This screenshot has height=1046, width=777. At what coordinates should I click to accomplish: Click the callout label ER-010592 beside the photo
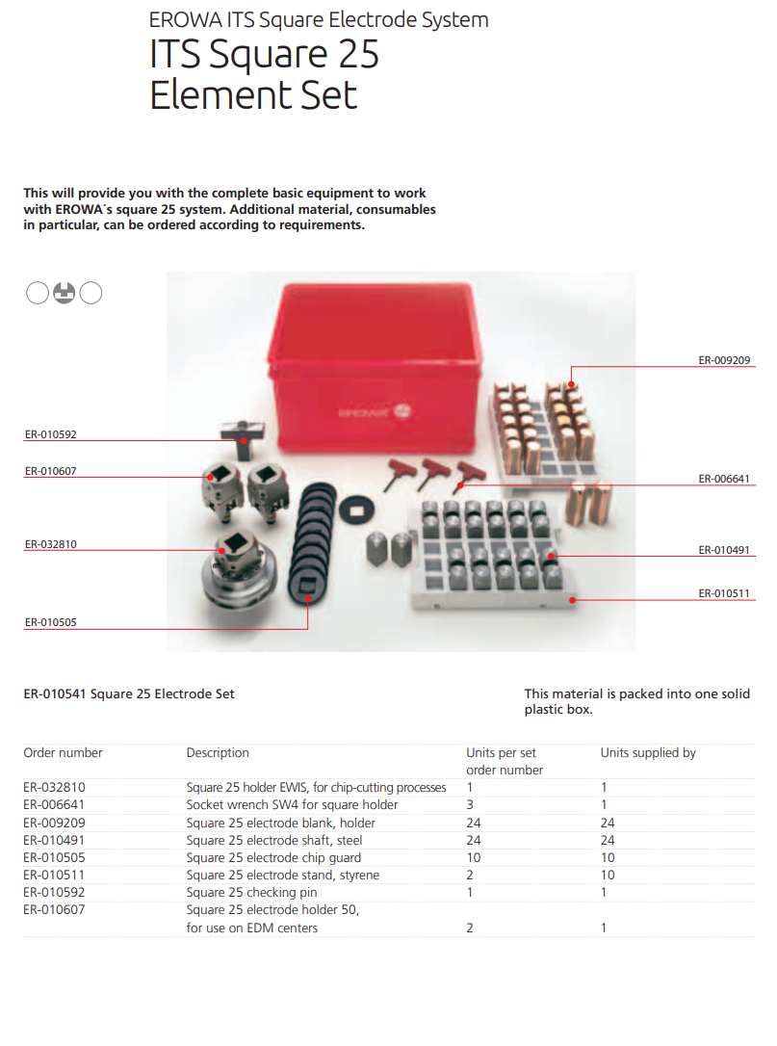50,434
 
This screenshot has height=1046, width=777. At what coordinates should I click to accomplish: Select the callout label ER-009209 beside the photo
724,361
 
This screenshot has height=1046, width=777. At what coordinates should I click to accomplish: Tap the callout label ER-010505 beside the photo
50,622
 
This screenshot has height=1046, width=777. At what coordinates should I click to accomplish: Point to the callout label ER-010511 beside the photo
724,593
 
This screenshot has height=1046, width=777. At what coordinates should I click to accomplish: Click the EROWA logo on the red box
374,413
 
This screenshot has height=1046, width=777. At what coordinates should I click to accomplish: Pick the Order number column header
63,753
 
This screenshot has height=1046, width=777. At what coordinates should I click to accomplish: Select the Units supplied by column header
648,753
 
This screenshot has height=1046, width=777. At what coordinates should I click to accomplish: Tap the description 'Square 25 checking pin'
251,893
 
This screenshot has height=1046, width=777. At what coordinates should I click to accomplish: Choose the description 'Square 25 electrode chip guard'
273,858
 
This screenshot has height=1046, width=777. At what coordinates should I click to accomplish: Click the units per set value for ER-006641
470,805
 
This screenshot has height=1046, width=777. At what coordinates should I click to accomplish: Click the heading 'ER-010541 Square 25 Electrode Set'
128,693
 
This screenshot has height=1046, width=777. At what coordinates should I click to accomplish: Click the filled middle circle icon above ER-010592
65,293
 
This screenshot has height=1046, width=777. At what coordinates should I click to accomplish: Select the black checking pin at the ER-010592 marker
245,440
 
